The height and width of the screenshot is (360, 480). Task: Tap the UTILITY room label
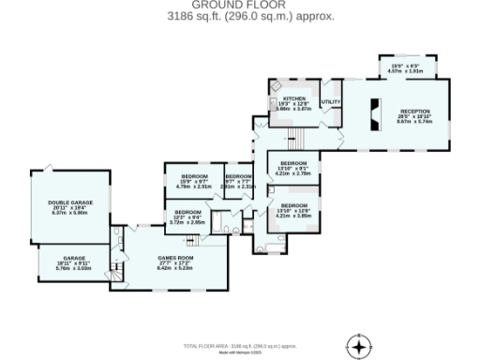pyautogui.click(x=331, y=101)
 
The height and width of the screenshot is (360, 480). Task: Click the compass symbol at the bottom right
pyautogui.click(x=355, y=344)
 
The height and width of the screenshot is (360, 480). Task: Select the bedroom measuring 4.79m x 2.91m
pyautogui.click(x=194, y=182)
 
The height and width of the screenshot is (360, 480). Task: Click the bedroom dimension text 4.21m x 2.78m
pyautogui.click(x=293, y=173)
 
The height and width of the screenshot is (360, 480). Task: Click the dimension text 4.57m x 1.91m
pyautogui.click(x=405, y=70)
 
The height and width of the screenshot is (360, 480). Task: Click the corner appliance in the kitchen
pyautogui.click(x=276, y=84)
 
